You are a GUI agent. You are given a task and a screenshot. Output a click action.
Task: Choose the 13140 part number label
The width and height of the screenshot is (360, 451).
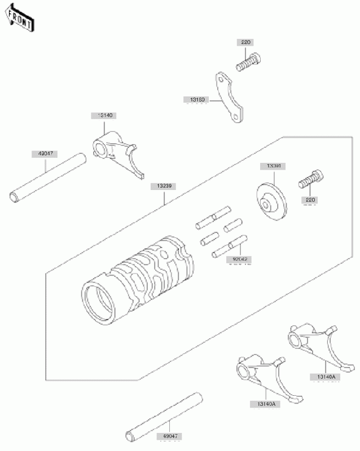[105, 116]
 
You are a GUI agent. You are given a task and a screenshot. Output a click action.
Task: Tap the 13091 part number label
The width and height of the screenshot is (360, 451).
[271, 166]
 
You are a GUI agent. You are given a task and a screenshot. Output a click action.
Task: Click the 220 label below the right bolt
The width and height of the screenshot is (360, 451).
[310, 200]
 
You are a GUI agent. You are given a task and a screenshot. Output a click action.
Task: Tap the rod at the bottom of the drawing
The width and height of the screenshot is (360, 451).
[164, 416]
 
